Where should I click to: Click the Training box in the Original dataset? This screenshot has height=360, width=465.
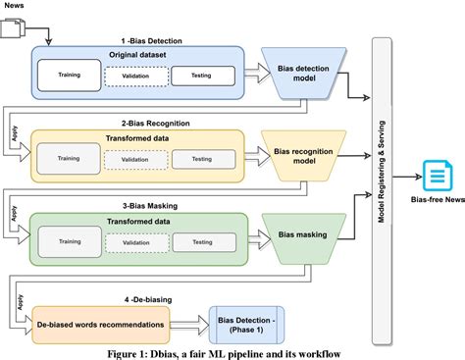[70, 74]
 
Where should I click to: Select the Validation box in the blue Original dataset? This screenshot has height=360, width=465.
[135, 75]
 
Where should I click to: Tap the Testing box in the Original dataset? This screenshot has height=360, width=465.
[203, 75]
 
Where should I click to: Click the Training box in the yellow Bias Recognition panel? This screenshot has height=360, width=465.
[70, 157]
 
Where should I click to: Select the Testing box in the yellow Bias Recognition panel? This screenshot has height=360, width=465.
[202, 157]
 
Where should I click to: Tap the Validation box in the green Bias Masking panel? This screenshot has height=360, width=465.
[135, 241]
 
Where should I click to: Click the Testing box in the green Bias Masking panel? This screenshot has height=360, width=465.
[202, 241]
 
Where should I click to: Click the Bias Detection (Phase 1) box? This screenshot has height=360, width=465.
[251, 322]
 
